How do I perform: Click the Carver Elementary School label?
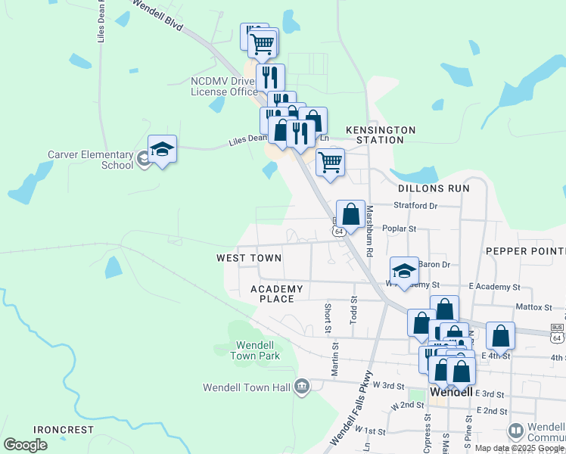(90, 160)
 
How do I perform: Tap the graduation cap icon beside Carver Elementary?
(162, 150)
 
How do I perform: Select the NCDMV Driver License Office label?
(224, 86)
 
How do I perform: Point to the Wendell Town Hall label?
(247, 387)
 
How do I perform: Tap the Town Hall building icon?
(302, 387)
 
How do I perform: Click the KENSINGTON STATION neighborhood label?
(381, 135)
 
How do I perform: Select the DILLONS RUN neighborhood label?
(434, 188)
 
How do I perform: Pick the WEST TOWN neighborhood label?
(249, 258)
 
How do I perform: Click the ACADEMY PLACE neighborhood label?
(276, 294)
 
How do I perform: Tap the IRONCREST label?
(64, 430)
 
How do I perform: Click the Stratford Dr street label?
(415, 205)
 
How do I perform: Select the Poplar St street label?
(401, 228)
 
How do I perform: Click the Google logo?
(25, 444)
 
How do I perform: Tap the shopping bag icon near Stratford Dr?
(350, 214)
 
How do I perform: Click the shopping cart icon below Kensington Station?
(330, 162)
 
